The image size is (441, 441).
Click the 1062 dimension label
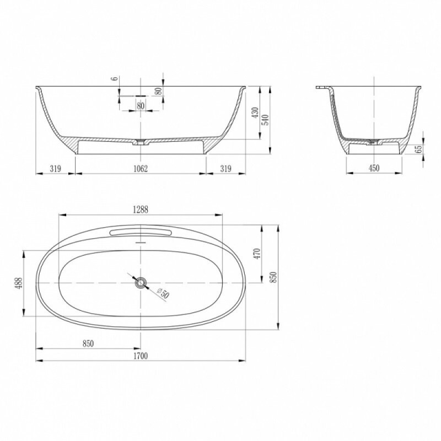tap(141, 169)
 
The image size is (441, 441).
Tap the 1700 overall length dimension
tap(141, 356)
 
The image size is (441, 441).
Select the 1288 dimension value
tap(141, 209)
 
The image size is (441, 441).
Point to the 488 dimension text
tap(19, 283)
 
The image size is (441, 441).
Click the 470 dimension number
tap(257, 254)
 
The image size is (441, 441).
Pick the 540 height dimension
tap(266, 120)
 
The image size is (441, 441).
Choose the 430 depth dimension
tap(255, 112)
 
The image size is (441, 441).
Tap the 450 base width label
tap(374, 168)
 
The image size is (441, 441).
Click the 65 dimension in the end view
tap(419, 149)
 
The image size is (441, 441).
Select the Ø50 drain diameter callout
tap(163, 293)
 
